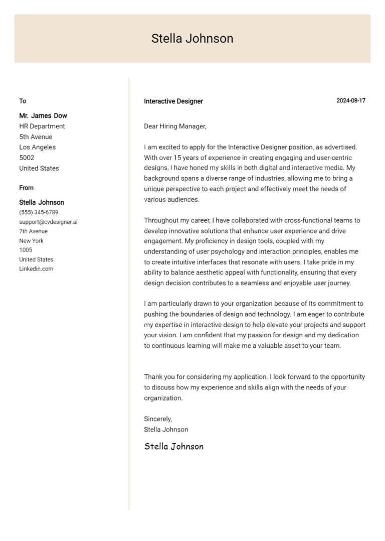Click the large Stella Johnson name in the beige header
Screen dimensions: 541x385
click(192, 39)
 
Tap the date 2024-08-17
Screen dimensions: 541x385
click(350, 101)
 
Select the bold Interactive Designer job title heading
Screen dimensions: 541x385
click(173, 101)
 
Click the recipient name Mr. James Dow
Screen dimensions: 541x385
click(43, 116)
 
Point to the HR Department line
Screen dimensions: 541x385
click(42, 126)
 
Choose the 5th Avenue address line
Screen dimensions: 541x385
click(36, 137)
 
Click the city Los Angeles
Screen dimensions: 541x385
click(38, 148)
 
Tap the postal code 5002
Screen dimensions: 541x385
click(27, 158)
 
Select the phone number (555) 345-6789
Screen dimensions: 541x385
click(39, 212)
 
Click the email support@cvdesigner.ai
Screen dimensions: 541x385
click(48, 222)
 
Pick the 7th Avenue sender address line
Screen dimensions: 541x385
click(33, 231)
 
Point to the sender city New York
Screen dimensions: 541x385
click(31, 241)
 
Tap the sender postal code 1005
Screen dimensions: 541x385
click(26, 250)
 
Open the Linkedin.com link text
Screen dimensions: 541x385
click(36, 269)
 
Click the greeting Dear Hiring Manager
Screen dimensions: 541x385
click(175, 126)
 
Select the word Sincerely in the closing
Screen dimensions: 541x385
click(157, 419)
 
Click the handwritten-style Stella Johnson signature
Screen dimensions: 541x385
click(173, 447)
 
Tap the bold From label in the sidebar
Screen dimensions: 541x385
click(27, 188)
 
